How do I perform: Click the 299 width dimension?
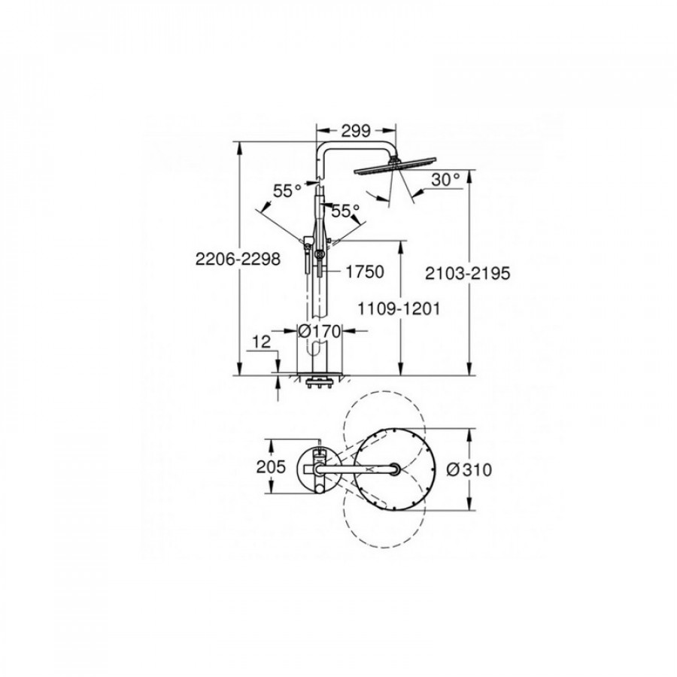[x=356, y=130]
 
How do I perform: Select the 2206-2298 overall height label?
[x=238, y=259]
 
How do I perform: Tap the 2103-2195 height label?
[x=468, y=273]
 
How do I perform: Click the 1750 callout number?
[x=365, y=272]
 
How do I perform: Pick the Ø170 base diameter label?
[x=320, y=331]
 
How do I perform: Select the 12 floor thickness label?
[x=261, y=342]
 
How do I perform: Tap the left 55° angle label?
[x=287, y=190]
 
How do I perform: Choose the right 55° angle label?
[x=345, y=211]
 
